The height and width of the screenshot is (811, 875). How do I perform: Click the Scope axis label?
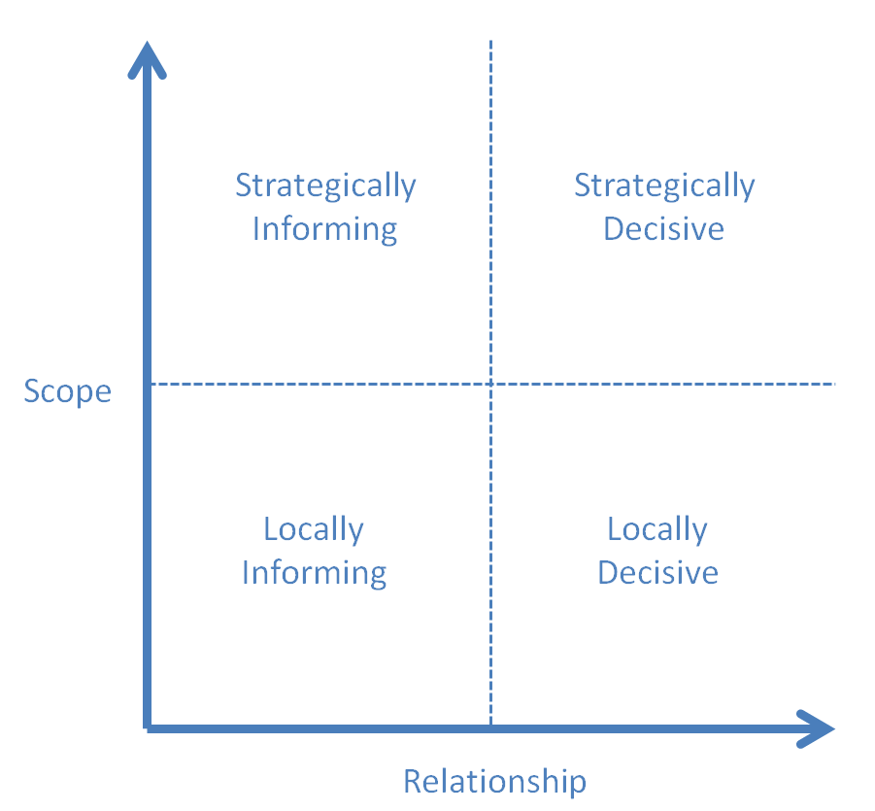(67, 392)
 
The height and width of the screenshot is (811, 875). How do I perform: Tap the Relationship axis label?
(494, 781)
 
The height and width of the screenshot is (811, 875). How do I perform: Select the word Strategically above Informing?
(325, 185)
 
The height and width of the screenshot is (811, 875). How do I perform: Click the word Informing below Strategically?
(324, 229)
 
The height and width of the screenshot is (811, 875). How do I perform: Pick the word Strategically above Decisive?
(664, 185)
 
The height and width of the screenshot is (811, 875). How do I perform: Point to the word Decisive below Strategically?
(664, 229)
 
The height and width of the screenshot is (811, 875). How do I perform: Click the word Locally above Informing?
(314, 529)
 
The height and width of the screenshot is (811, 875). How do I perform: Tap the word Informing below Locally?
(314, 573)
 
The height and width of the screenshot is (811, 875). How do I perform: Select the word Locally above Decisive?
(657, 529)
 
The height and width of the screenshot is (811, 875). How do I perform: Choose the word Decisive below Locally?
(657, 573)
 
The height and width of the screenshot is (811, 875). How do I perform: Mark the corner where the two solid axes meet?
(148, 727)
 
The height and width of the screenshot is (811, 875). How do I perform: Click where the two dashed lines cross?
(491, 385)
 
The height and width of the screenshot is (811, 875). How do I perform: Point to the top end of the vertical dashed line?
(491, 42)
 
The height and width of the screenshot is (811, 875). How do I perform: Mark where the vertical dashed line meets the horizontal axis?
(491, 727)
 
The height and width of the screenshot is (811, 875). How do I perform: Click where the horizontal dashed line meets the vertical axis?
(149, 385)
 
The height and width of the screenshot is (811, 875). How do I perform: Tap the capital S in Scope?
(32, 392)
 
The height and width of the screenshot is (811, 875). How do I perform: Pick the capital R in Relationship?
(413, 781)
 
